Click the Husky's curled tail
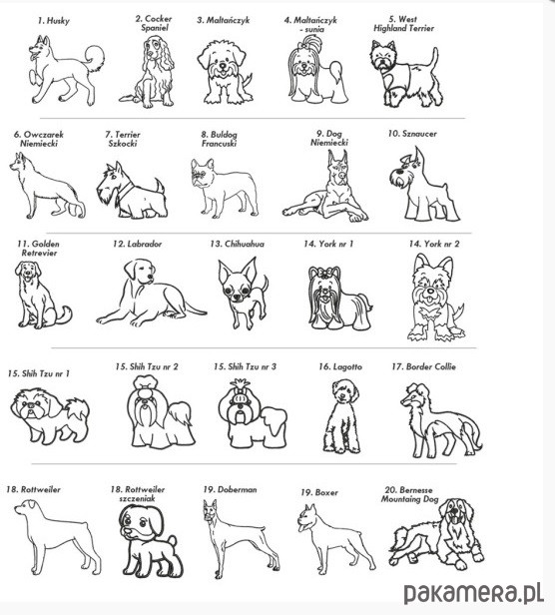95,58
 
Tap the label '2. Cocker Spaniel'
154,23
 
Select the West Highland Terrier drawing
405,73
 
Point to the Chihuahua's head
237,280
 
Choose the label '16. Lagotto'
340,366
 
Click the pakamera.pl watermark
473,593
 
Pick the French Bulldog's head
202,173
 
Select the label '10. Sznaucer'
412,134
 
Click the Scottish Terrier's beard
105,196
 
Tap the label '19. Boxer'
318,492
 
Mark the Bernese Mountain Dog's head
456,513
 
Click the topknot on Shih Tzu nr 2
146,386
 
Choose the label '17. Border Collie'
423,366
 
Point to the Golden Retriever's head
28,271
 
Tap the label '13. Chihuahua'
237,244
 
